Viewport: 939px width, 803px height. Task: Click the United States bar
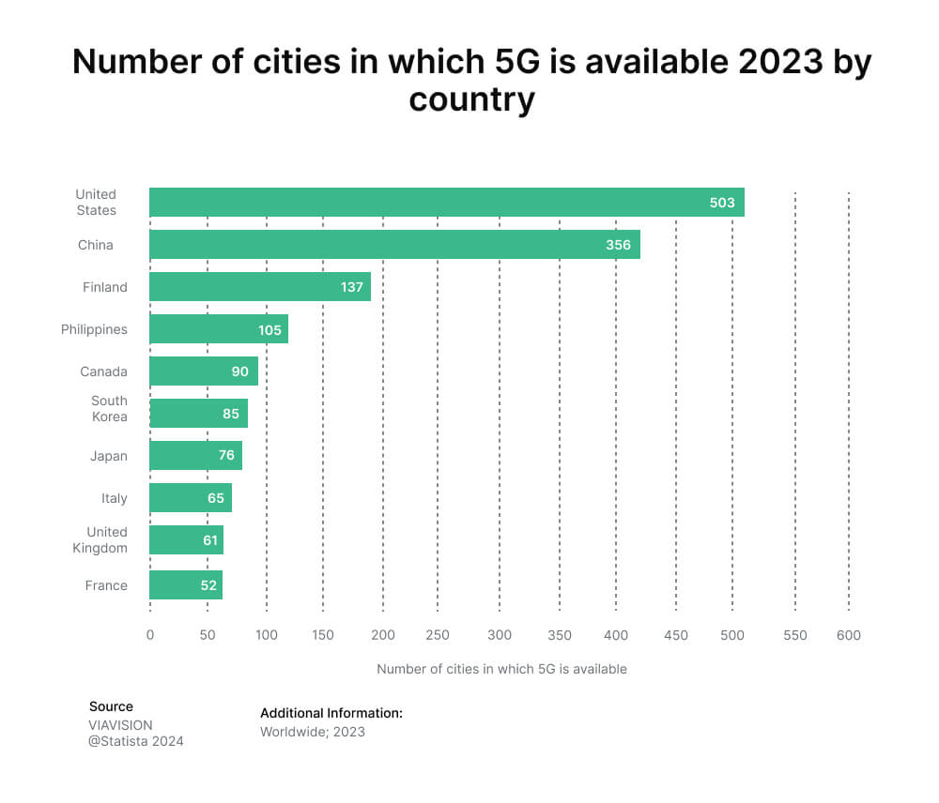pyautogui.click(x=446, y=203)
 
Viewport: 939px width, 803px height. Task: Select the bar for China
pyautogui.click(x=394, y=245)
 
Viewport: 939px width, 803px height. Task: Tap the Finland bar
pyautogui.click(x=260, y=287)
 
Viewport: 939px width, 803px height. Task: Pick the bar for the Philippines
pyautogui.click(x=219, y=329)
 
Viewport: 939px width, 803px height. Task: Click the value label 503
pyautogui.click(x=722, y=203)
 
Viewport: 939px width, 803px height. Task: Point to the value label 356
pyautogui.click(x=618, y=245)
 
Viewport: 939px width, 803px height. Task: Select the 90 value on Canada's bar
pyautogui.click(x=240, y=371)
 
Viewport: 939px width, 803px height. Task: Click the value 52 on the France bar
pyautogui.click(x=208, y=585)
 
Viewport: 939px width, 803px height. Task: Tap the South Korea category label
pyautogui.click(x=109, y=409)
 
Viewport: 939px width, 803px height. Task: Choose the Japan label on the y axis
pyautogui.click(x=109, y=456)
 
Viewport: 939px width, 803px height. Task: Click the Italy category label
pyautogui.click(x=114, y=498)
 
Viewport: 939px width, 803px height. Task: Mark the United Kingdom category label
pyautogui.click(x=100, y=539)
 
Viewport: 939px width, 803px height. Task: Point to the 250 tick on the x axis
pyautogui.click(x=438, y=635)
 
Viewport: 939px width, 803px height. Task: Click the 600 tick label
pyautogui.click(x=848, y=635)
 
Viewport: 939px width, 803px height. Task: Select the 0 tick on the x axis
pyautogui.click(x=150, y=635)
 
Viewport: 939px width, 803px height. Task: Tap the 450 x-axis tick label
pyautogui.click(x=675, y=635)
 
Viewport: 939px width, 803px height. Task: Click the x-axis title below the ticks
pyautogui.click(x=501, y=669)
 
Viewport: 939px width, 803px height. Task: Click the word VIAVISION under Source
pyautogui.click(x=120, y=725)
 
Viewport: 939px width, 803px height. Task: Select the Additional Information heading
pyautogui.click(x=331, y=713)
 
